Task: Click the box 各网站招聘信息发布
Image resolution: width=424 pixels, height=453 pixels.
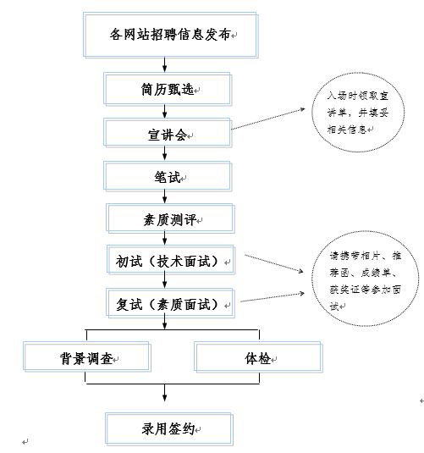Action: point(170,35)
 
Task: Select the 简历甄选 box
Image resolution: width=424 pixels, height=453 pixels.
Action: point(168,89)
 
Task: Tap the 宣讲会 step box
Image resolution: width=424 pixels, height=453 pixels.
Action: point(168,133)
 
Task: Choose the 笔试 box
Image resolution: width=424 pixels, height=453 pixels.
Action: point(168,176)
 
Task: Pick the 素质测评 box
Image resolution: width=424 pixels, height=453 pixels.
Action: point(170,218)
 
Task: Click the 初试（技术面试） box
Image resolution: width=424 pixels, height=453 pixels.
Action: point(171,260)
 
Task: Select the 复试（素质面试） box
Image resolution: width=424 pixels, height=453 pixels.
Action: point(170,303)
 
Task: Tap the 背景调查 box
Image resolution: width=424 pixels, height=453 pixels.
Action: point(86,356)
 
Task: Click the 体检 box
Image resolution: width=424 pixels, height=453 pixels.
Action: point(258,357)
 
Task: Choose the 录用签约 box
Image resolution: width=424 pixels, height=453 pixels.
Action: point(169,428)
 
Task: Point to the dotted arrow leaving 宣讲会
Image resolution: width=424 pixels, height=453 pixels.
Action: point(268,119)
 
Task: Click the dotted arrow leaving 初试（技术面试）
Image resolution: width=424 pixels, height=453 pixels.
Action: point(274,263)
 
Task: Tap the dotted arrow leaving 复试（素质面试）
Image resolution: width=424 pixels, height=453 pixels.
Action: point(273,297)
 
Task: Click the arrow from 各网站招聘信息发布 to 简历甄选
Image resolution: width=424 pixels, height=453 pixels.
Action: point(165,64)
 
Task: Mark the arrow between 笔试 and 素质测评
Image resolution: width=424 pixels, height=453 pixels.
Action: point(165,196)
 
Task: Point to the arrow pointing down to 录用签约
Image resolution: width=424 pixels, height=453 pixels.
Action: point(165,393)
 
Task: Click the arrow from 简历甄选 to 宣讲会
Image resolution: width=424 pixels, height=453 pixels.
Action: point(165,111)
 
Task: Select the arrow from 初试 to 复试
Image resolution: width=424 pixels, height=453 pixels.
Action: point(165,280)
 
